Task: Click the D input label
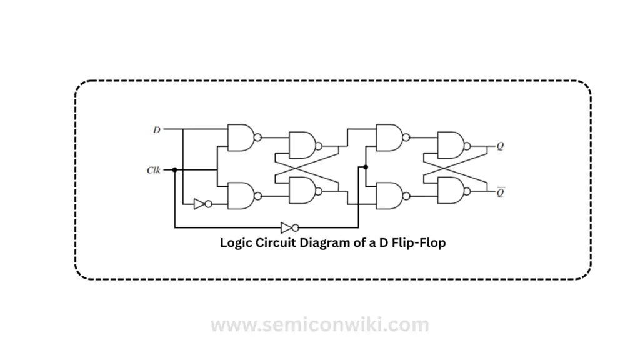(x=157, y=130)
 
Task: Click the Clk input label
(x=154, y=170)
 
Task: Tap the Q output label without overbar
(x=500, y=146)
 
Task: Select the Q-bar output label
(x=501, y=192)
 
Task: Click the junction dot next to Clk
(x=175, y=170)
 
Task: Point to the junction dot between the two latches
(x=366, y=167)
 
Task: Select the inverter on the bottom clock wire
(x=290, y=227)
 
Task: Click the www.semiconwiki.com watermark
(x=320, y=325)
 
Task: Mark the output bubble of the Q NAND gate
(x=467, y=146)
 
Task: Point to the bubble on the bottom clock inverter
(x=296, y=227)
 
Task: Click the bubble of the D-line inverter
(x=209, y=204)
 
